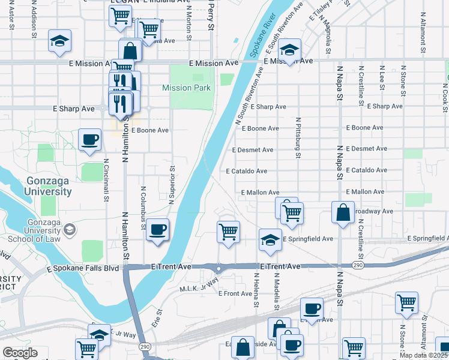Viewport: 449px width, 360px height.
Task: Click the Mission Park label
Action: coord(186,88)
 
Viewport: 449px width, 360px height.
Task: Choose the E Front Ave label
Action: coord(235,294)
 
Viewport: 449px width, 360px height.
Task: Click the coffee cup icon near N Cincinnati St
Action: coord(90,140)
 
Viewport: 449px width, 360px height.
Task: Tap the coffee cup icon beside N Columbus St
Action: coord(157,229)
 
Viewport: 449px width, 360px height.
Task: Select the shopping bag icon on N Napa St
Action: coord(342,213)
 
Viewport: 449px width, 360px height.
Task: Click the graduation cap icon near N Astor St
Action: coord(59,41)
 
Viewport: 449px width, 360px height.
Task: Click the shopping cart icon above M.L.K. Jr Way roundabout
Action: coord(228,231)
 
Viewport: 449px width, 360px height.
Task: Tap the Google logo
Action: coord(20,353)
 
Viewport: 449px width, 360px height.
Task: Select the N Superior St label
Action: coord(172,185)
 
